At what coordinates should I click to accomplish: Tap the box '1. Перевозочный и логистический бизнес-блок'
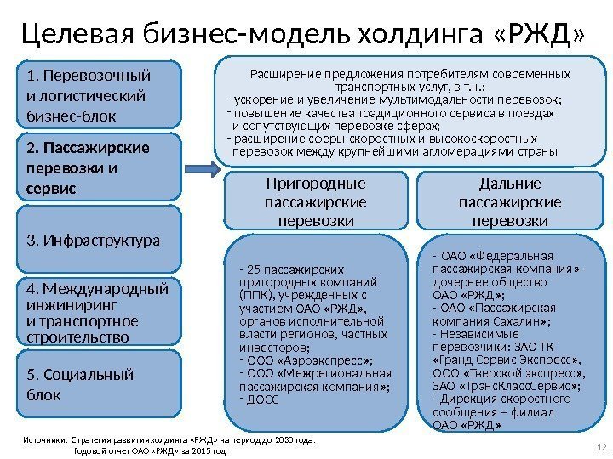[x=99, y=93]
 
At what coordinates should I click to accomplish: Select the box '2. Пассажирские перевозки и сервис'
[x=99, y=167]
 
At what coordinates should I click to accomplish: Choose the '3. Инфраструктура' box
[x=99, y=241]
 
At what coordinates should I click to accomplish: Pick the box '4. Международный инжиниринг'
[x=99, y=311]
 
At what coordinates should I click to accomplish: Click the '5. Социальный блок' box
[x=99, y=385]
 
